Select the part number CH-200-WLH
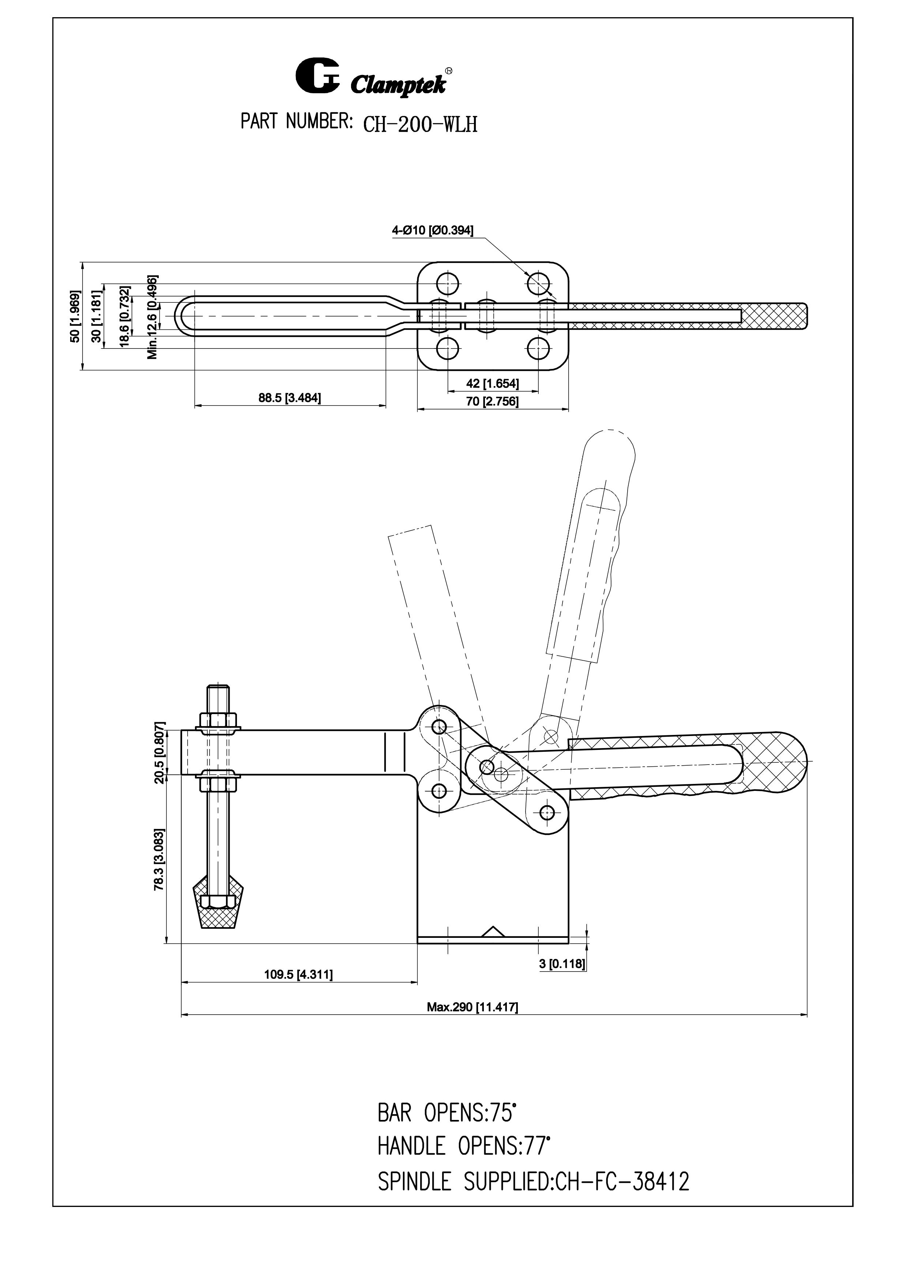420,124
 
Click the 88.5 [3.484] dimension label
290,398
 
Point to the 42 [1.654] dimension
492,383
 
